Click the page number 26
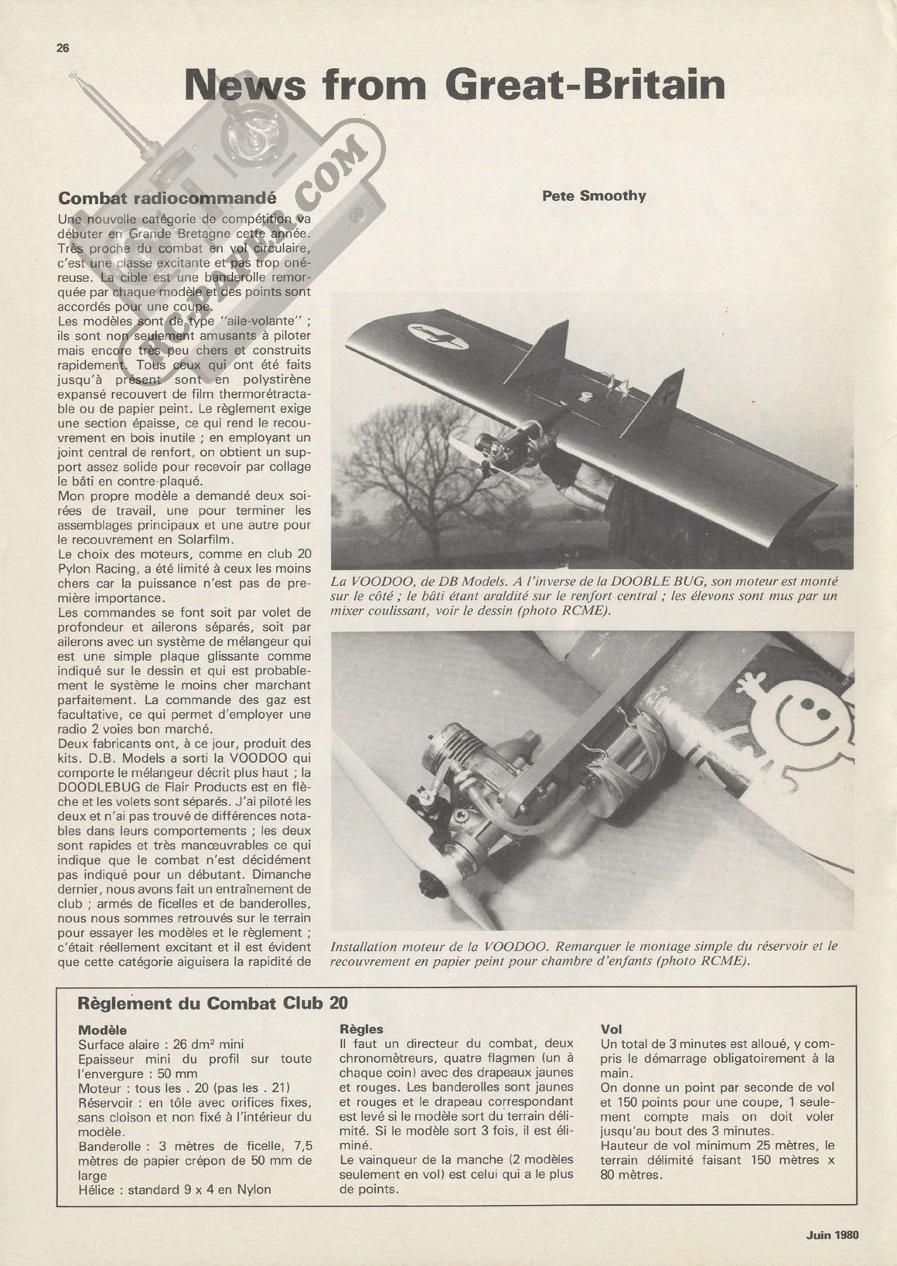[x=63, y=48]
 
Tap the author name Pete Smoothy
[x=594, y=196]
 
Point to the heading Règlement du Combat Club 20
[x=213, y=1003]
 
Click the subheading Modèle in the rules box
[x=102, y=1030]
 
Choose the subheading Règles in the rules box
[x=361, y=1029]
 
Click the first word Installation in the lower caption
[x=363, y=947]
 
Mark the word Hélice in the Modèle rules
[x=97, y=1189]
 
